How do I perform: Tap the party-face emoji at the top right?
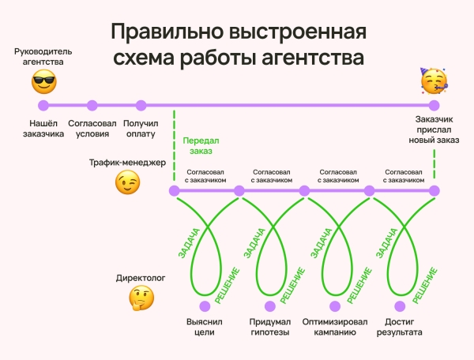pos(433,81)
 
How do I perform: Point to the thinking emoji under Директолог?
pos(141,298)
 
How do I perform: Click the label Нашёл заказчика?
pos(43,129)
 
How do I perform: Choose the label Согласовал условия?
pos(92,129)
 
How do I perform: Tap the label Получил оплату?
pos(141,129)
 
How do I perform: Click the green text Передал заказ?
pos(201,146)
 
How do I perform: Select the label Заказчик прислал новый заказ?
pos(433,129)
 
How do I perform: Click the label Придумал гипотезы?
pos(270,327)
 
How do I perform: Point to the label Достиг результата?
pos(403,327)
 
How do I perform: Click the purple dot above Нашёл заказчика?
pos(43,105)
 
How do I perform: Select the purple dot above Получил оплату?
pos(141,105)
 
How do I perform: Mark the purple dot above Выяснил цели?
pos(205,306)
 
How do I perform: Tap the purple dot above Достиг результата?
pos(402,306)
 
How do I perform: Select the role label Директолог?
pos(141,279)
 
